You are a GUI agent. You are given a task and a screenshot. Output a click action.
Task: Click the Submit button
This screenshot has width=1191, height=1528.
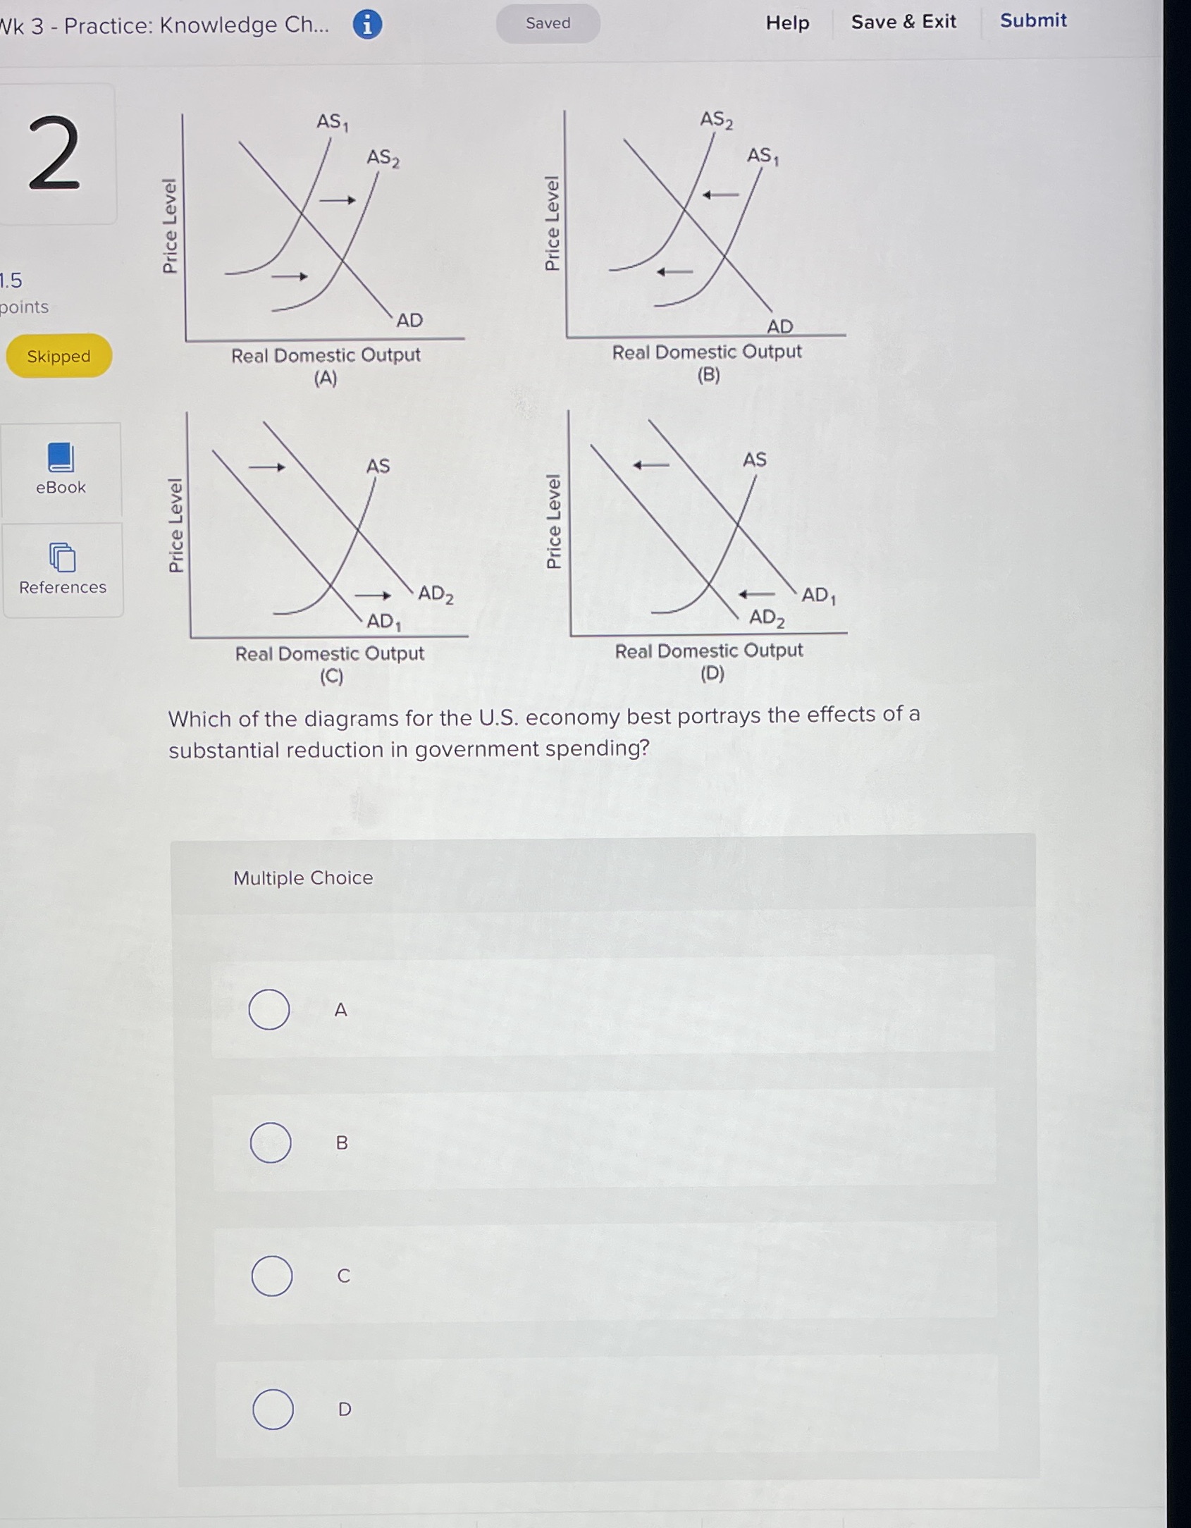[1032, 20]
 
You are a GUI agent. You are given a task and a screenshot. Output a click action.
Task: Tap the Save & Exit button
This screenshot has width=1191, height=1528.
[903, 22]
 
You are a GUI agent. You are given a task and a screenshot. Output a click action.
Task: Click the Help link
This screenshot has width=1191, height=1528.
[787, 23]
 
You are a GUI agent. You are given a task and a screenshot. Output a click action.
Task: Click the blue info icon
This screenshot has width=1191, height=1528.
[367, 25]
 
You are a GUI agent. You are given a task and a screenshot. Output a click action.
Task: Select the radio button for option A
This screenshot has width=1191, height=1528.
[269, 1009]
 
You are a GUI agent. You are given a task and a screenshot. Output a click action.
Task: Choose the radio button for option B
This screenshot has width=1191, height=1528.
[271, 1142]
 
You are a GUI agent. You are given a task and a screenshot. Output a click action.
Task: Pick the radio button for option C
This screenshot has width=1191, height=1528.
[272, 1276]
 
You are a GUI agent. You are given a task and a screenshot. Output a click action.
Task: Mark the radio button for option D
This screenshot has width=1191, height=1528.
[273, 1409]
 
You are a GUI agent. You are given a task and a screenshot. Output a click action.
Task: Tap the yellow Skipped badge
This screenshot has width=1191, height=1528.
[59, 356]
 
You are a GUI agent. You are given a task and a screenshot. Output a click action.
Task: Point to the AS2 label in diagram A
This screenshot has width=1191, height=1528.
[383, 158]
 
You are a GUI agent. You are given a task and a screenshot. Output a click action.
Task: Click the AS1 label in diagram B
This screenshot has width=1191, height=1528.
[763, 156]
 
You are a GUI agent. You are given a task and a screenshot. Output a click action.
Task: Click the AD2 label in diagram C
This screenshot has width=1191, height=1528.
[436, 594]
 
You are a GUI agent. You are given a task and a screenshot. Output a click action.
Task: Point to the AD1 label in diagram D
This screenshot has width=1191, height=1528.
[818, 596]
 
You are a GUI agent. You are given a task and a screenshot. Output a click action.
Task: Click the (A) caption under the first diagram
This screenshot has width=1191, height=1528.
[326, 378]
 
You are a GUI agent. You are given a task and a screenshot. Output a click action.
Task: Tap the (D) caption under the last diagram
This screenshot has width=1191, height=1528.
[712, 673]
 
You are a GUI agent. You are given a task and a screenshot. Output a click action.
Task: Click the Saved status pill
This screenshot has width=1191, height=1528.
[548, 23]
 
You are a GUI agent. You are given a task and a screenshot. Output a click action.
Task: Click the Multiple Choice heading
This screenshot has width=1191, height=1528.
[303, 878]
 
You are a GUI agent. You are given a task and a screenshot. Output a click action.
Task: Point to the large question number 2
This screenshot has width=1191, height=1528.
[54, 153]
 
